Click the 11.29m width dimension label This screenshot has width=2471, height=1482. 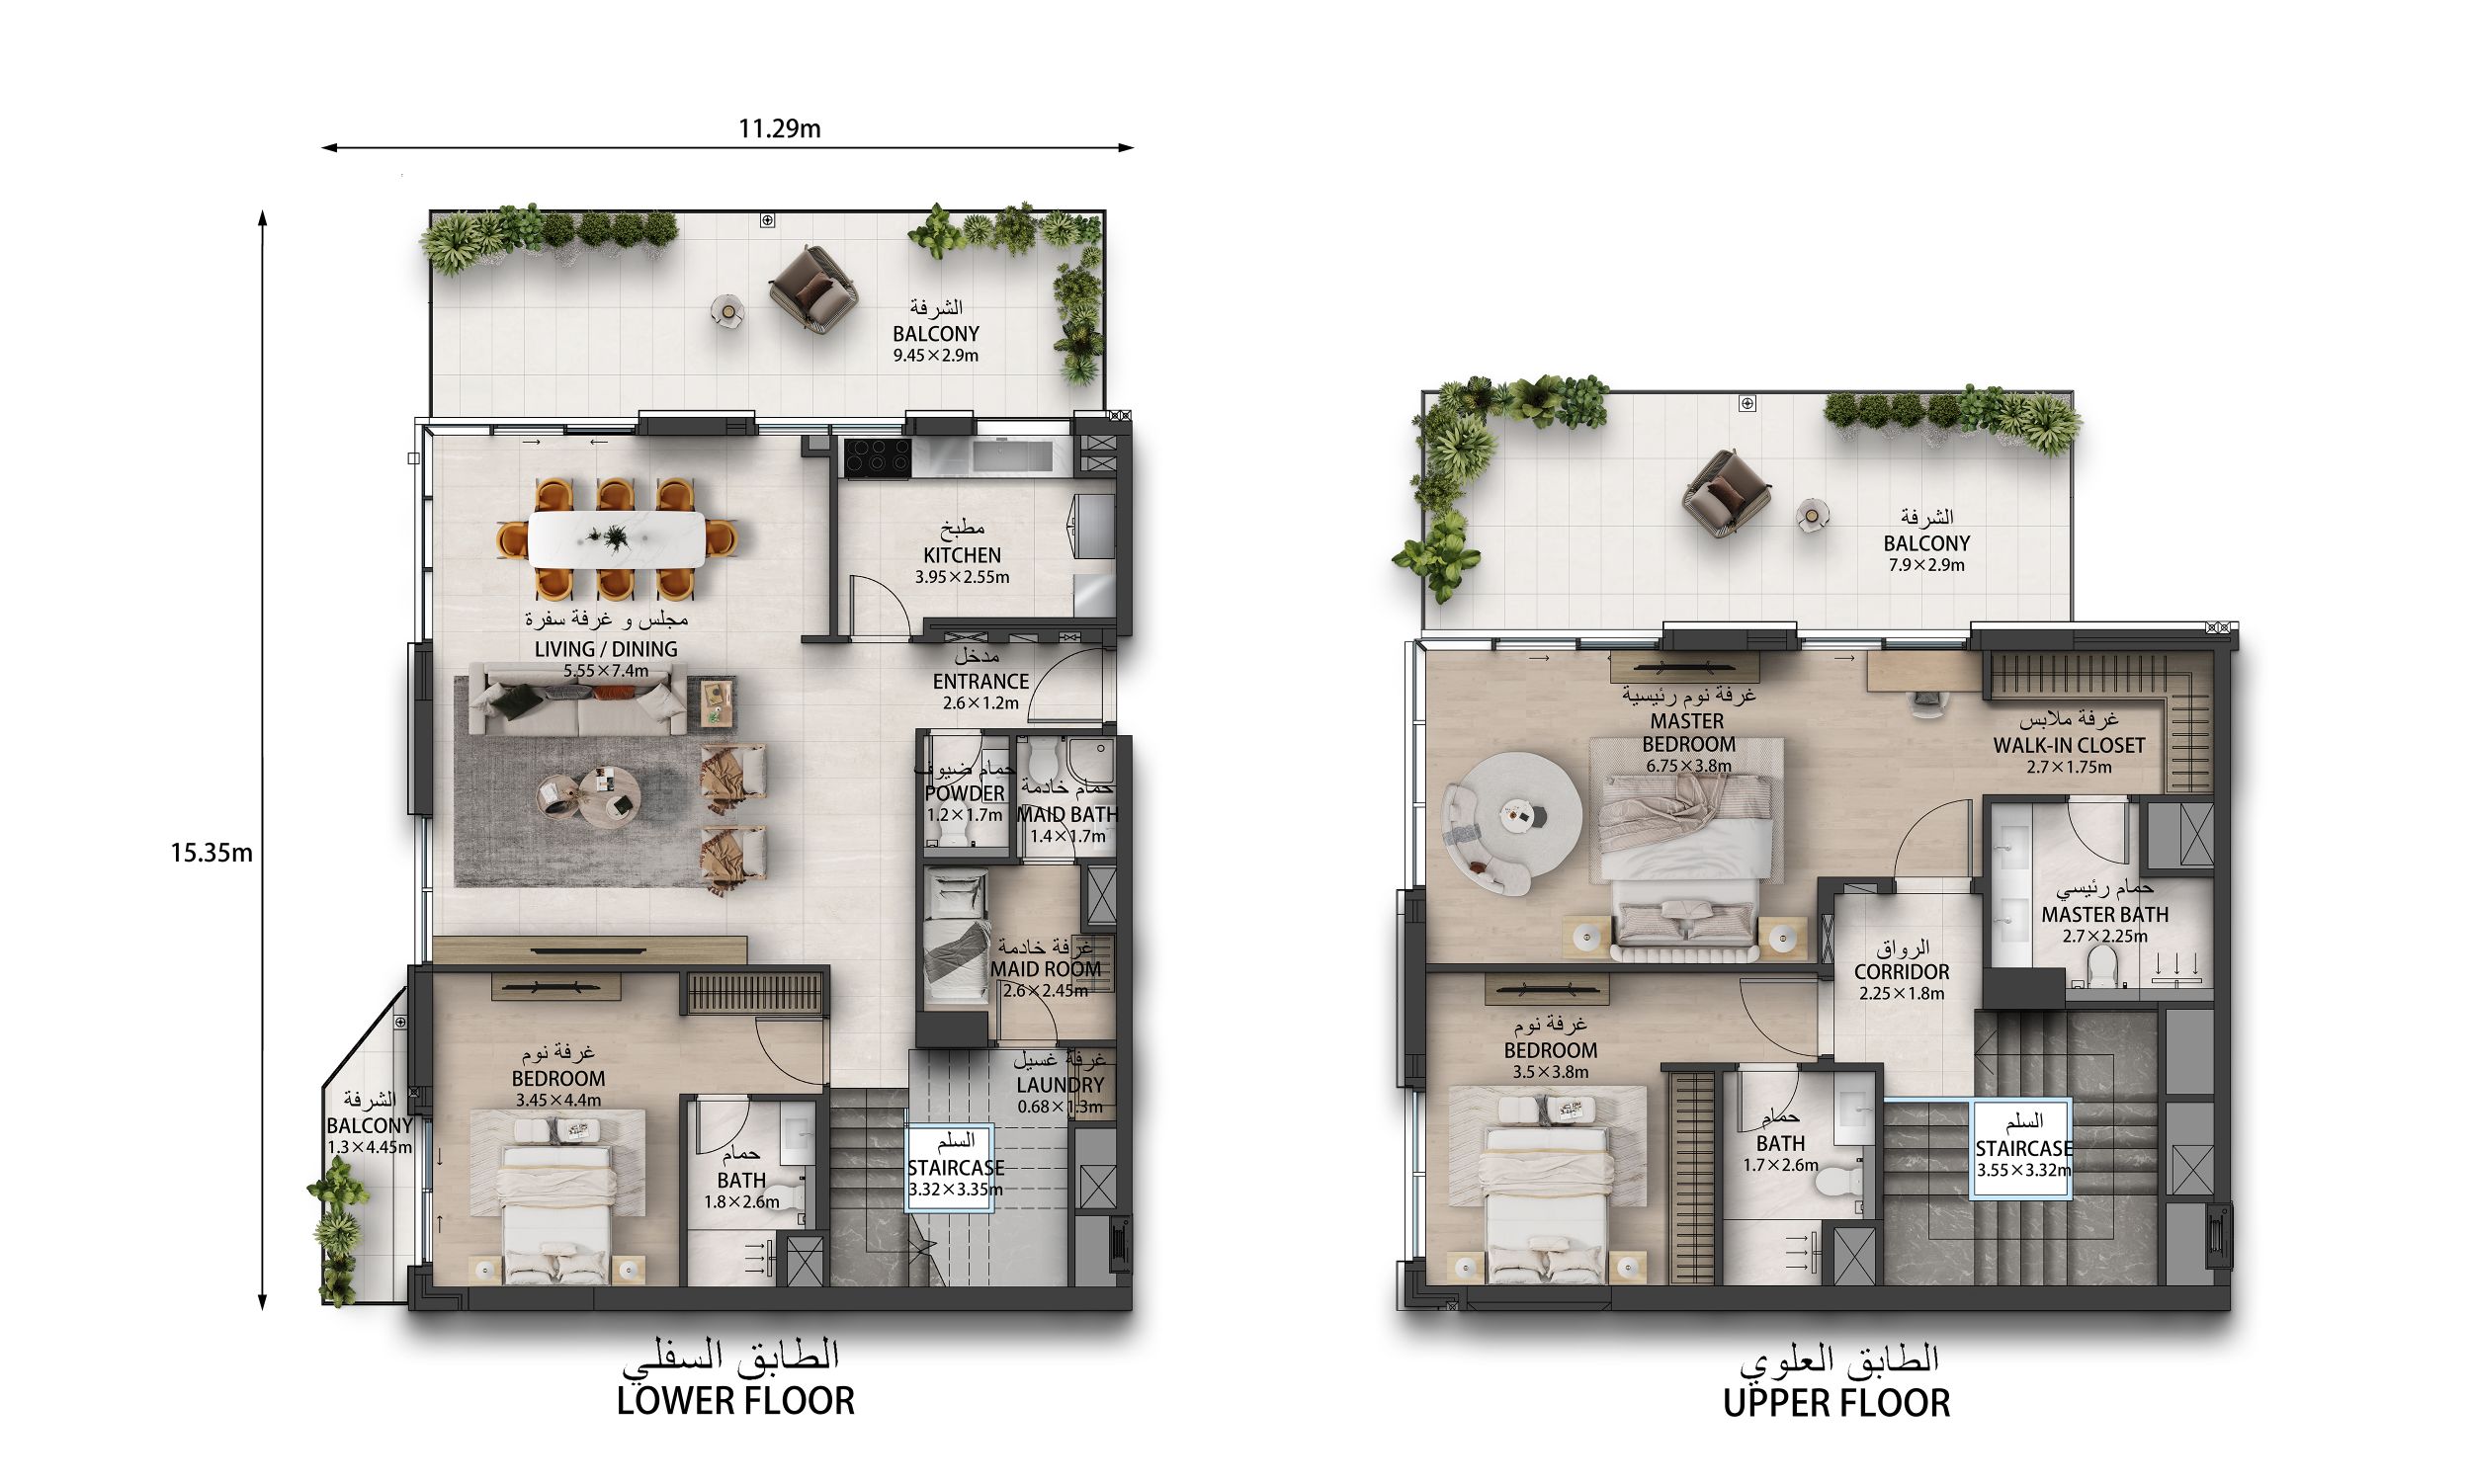(779, 128)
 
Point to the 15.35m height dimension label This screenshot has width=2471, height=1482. (211, 853)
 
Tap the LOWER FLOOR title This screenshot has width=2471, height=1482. (735, 1401)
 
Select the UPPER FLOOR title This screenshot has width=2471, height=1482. (1835, 1403)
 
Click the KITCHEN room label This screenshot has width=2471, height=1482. (962, 555)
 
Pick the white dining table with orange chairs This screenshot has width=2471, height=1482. (616, 540)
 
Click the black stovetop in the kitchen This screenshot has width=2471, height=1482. (877, 458)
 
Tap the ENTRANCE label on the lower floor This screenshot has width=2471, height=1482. (980, 681)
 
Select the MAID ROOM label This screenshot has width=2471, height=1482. (1046, 968)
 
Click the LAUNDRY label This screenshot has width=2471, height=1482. (1060, 1085)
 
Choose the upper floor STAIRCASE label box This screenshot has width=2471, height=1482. (2021, 1148)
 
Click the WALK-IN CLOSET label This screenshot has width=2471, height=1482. (2069, 745)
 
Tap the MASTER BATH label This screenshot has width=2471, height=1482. (2104, 915)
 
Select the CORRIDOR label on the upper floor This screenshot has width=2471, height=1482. (1902, 971)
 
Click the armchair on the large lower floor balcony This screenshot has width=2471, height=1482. (813, 288)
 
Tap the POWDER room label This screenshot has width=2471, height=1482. (964, 793)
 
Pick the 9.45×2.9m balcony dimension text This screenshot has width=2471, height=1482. (935, 356)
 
